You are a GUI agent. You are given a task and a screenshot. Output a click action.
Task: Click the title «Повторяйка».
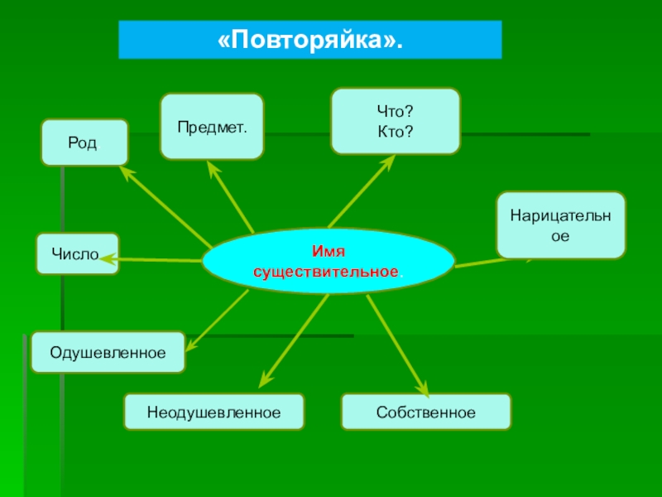(x=309, y=40)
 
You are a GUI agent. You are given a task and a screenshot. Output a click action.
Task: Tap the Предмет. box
(x=212, y=127)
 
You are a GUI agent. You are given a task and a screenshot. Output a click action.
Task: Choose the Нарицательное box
(x=560, y=224)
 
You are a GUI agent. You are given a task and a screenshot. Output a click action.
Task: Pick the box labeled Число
(x=76, y=253)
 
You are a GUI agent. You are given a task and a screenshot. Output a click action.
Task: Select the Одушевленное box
(x=108, y=352)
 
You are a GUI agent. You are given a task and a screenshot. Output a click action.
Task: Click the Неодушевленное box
(x=213, y=412)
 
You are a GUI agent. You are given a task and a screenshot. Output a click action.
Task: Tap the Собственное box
(x=425, y=412)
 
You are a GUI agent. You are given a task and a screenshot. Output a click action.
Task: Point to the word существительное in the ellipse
(x=327, y=272)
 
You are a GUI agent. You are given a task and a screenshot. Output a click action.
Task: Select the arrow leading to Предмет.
(x=231, y=198)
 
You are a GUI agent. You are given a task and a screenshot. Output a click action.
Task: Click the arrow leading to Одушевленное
(x=217, y=319)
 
